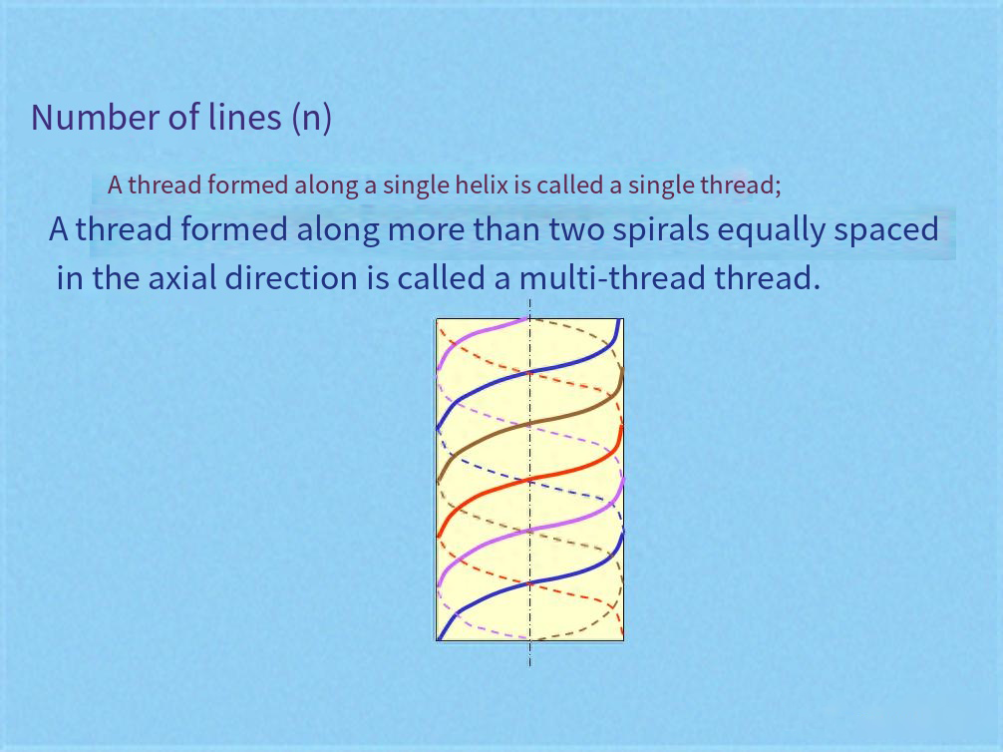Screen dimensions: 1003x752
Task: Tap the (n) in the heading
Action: coord(311,118)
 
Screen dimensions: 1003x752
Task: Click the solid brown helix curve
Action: coord(529,424)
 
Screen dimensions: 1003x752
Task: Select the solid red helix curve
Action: coord(529,479)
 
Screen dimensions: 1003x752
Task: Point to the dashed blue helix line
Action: coord(529,480)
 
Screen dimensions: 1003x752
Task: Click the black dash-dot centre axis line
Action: coord(529,483)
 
